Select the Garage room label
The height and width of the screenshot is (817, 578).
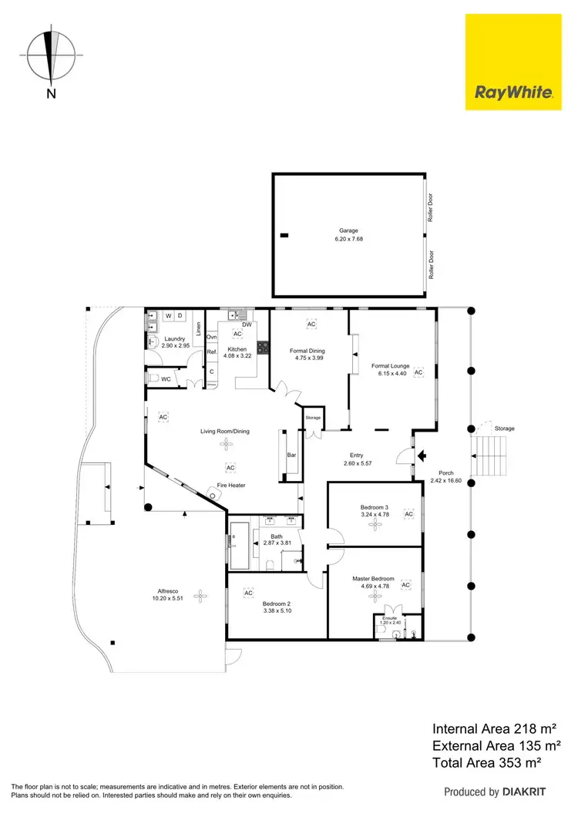click(x=348, y=230)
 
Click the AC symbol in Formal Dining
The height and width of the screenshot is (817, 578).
click(x=311, y=324)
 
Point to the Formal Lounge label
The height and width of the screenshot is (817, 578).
click(x=391, y=366)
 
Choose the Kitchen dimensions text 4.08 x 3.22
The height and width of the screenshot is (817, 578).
click(x=237, y=357)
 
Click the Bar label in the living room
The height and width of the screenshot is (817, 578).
click(x=291, y=456)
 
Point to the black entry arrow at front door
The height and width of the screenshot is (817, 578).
click(x=421, y=456)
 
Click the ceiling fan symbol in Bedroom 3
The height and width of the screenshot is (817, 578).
click(x=375, y=524)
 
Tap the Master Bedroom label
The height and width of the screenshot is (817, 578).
click(x=373, y=579)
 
